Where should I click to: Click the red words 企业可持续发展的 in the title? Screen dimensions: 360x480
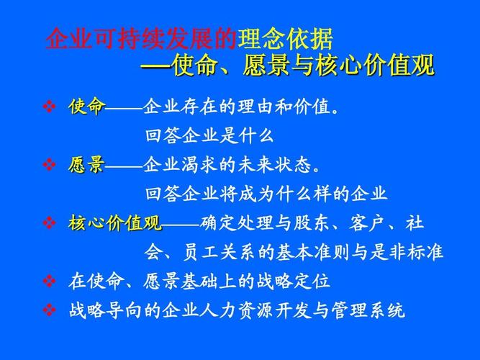(x=141, y=38)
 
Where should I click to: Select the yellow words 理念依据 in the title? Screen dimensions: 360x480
(x=285, y=38)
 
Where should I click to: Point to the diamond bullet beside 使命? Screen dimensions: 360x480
(x=50, y=107)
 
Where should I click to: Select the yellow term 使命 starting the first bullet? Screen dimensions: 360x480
(x=86, y=107)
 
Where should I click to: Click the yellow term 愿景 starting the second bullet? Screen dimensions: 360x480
(x=86, y=165)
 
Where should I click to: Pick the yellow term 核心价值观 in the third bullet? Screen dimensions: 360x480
(x=115, y=222)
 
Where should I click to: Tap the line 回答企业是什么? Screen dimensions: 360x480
(x=209, y=136)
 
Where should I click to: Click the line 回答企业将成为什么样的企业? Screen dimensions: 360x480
(x=266, y=194)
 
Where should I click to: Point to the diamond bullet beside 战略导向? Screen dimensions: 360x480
(x=50, y=310)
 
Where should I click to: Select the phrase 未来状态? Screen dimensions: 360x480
(x=276, y=165)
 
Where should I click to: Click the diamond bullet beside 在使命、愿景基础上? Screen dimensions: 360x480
(x=50, y=281)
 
